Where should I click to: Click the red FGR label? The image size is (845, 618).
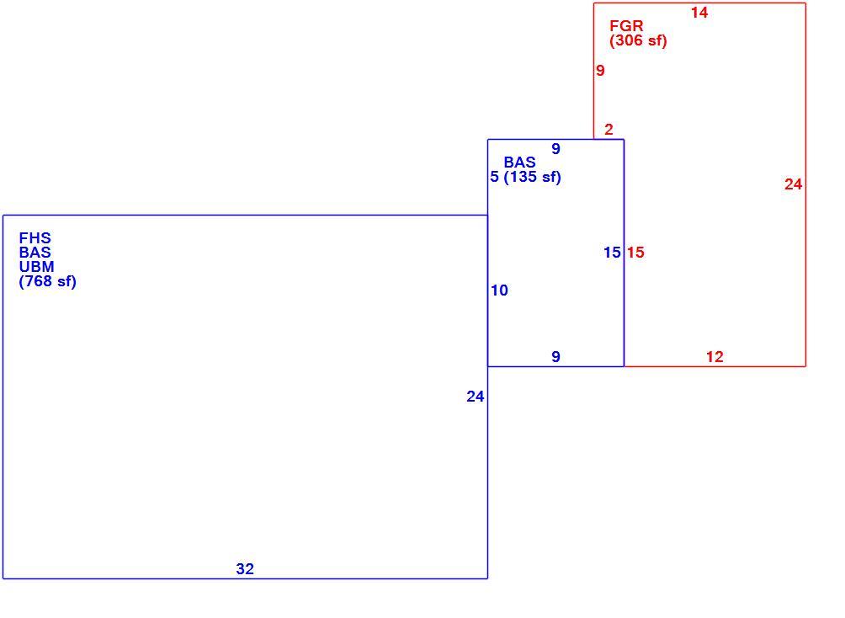pyautogui.click(x=626, y=25)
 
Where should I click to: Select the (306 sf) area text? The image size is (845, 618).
pyautogui.click(x=638, y=40)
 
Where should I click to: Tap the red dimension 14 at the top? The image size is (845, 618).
pyautogui.click(x=699, y=13)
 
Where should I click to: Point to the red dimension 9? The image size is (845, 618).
pyautogui.click(x=600, y=70)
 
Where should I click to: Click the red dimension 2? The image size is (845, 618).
pyautogui.click(x=609, y=130)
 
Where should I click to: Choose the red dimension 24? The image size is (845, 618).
pyautogui.click(x=793, y=184)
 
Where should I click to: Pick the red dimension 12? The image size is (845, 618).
pyautogui.click(x=715, y=356)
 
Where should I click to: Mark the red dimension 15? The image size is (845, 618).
pyautogui.click(x=635, y=253)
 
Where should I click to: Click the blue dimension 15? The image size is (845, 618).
pyautogui.click(x=612, y=253)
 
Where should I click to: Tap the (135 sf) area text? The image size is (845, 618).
pyautogui.click(x=533, y=177)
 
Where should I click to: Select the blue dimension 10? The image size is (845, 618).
pyautogui.click(x=499, y=290)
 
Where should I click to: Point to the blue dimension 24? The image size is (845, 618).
pyautogui.click(x=476, y=397)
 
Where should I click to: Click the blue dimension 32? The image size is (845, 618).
pyautogui.click(x=245, y=569)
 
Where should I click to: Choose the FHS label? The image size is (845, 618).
pyautogui.click(x=35, y=237)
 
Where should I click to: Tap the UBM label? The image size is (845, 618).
pyautogui.click(x=37, y=266)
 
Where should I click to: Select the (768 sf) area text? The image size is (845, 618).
pyautogui.click(x=47, y=281)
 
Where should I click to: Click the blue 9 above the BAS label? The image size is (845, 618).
pyautogui.click(x=555, y=149)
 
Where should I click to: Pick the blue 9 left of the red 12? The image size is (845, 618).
pyautogui.click(x=555, y=356)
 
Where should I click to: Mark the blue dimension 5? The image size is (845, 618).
pyautogui.click(x=494, y=177)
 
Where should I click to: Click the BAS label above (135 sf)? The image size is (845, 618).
pyautogui.click(x=519, y=162)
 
